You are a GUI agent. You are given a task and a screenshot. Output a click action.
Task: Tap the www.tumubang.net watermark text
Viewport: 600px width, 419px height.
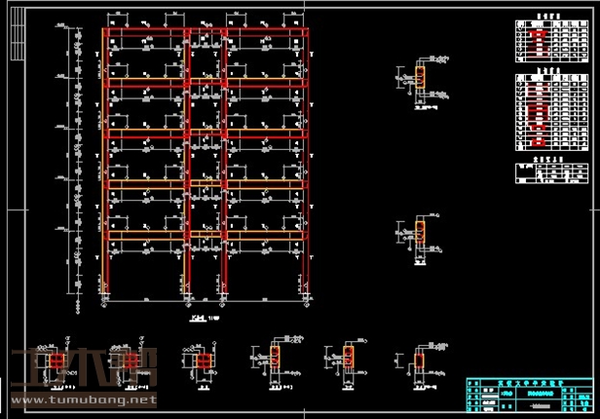click(x=83, y=400)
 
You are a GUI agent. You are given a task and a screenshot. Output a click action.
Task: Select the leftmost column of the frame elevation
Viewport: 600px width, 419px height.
click(x=105, y=166)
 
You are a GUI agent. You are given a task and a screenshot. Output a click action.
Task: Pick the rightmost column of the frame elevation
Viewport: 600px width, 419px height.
click(x=307, y=166)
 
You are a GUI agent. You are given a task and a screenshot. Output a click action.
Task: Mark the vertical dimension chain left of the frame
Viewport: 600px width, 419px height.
click(x=75, y=166)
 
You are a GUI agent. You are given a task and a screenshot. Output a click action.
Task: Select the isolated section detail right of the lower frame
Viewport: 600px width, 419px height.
click(x=420, y=234)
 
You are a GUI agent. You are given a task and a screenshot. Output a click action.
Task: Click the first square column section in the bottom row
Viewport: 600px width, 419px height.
click(x=56, y=362)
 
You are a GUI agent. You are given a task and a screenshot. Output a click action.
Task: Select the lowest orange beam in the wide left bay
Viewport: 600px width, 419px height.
click(x=146, y=235)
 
